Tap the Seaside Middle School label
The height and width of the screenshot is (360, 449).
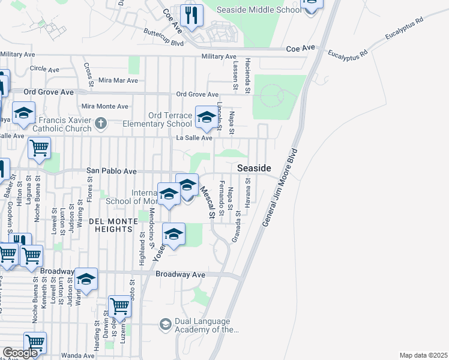coord(260,11)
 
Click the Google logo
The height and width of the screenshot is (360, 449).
coord(20,353)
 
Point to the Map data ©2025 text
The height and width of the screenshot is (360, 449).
coord(423,355)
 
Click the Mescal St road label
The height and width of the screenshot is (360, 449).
coord(207,201)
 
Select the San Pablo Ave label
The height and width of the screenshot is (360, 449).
coord(112,171)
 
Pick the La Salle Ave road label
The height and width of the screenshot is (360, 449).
coord(194,138)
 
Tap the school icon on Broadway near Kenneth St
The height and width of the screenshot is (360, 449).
coord(86,280)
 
